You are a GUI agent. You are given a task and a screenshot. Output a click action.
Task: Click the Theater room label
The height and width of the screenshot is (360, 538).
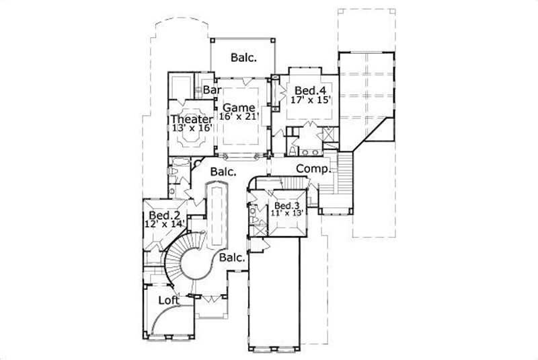[x=190, y=119]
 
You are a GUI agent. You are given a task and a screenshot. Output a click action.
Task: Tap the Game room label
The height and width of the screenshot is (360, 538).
[x=239, y=107]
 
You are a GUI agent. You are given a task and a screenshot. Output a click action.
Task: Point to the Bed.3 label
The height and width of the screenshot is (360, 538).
[x=287, y=206]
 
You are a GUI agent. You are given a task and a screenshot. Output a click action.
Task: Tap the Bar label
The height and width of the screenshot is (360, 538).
[x=212, y=89]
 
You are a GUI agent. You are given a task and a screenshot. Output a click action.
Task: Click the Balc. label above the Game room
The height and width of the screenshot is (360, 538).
[x=243, y=58]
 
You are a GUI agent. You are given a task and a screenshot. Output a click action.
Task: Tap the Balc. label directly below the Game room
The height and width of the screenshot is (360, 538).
[x=223, y=172]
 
